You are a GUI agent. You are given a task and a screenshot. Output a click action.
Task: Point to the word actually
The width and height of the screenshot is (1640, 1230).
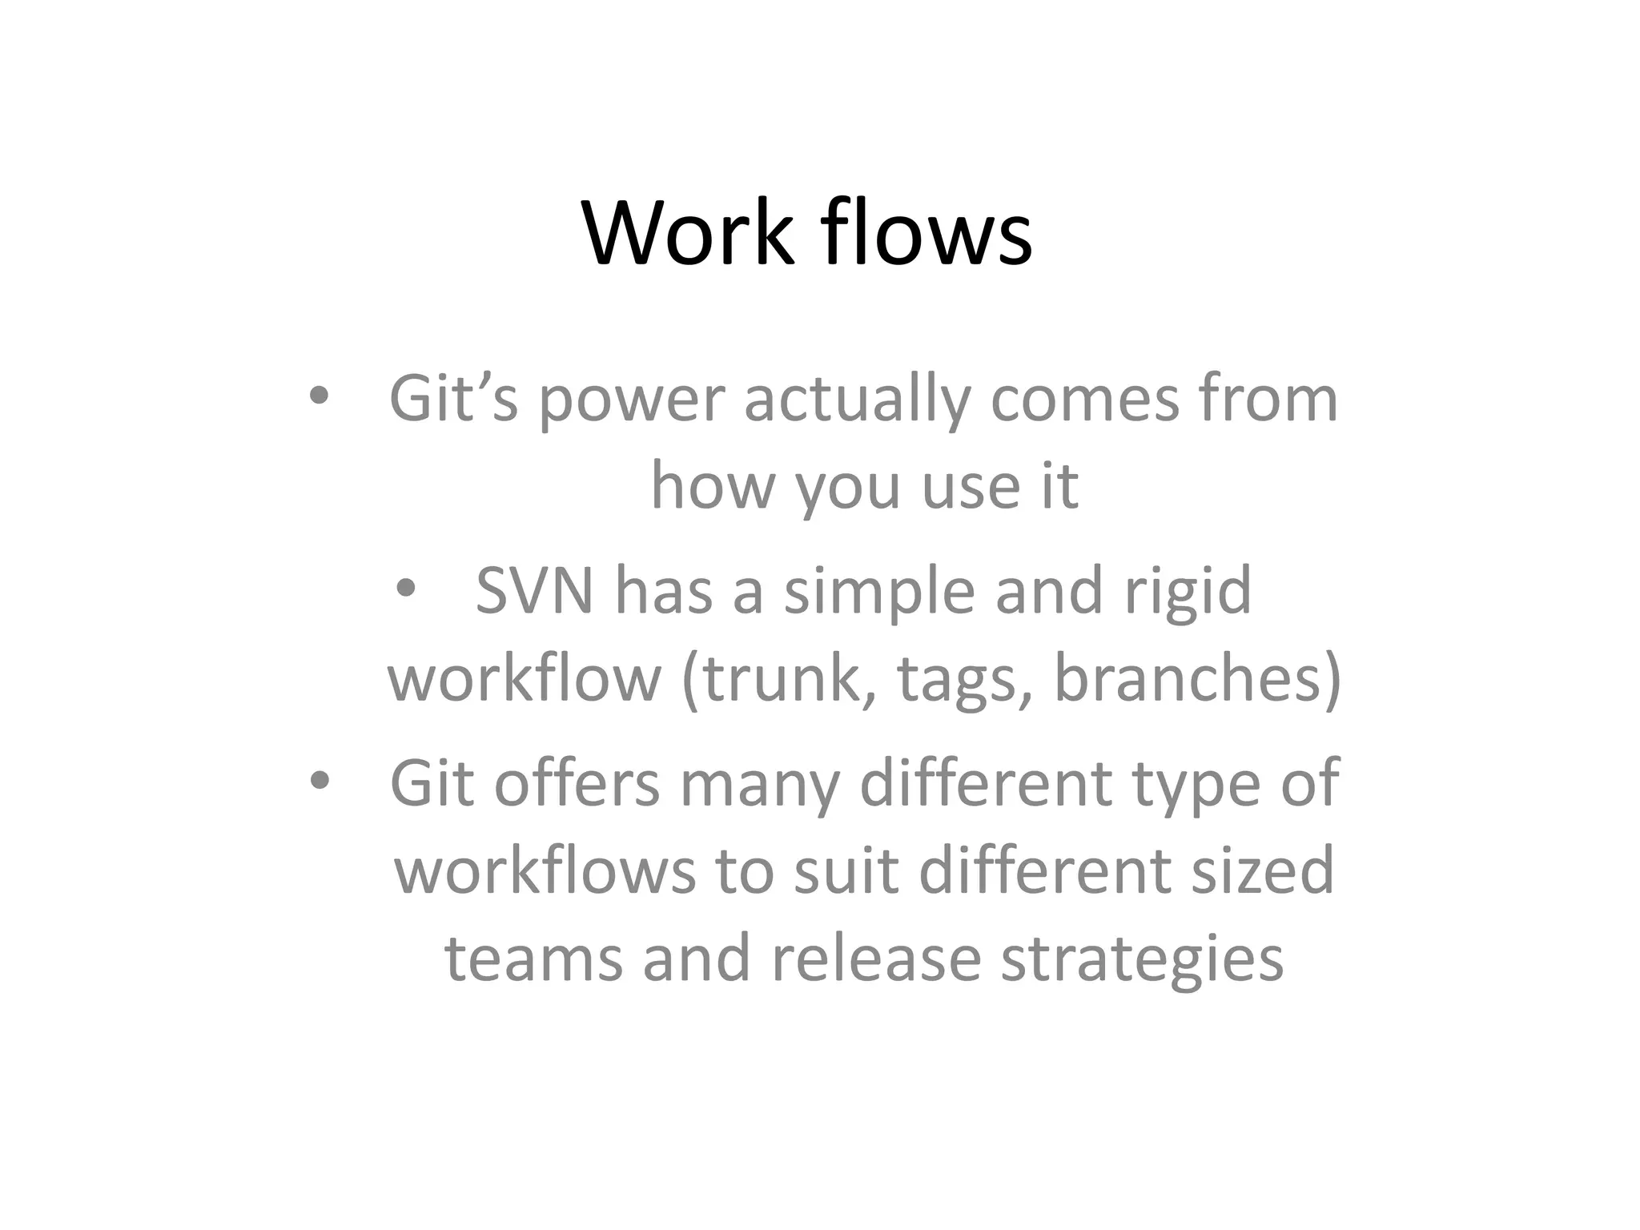point(857,400)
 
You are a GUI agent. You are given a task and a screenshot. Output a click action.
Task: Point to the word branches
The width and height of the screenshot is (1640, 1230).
point(1185,679)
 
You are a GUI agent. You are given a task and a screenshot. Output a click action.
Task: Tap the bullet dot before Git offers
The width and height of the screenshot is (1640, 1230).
point(320,781)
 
